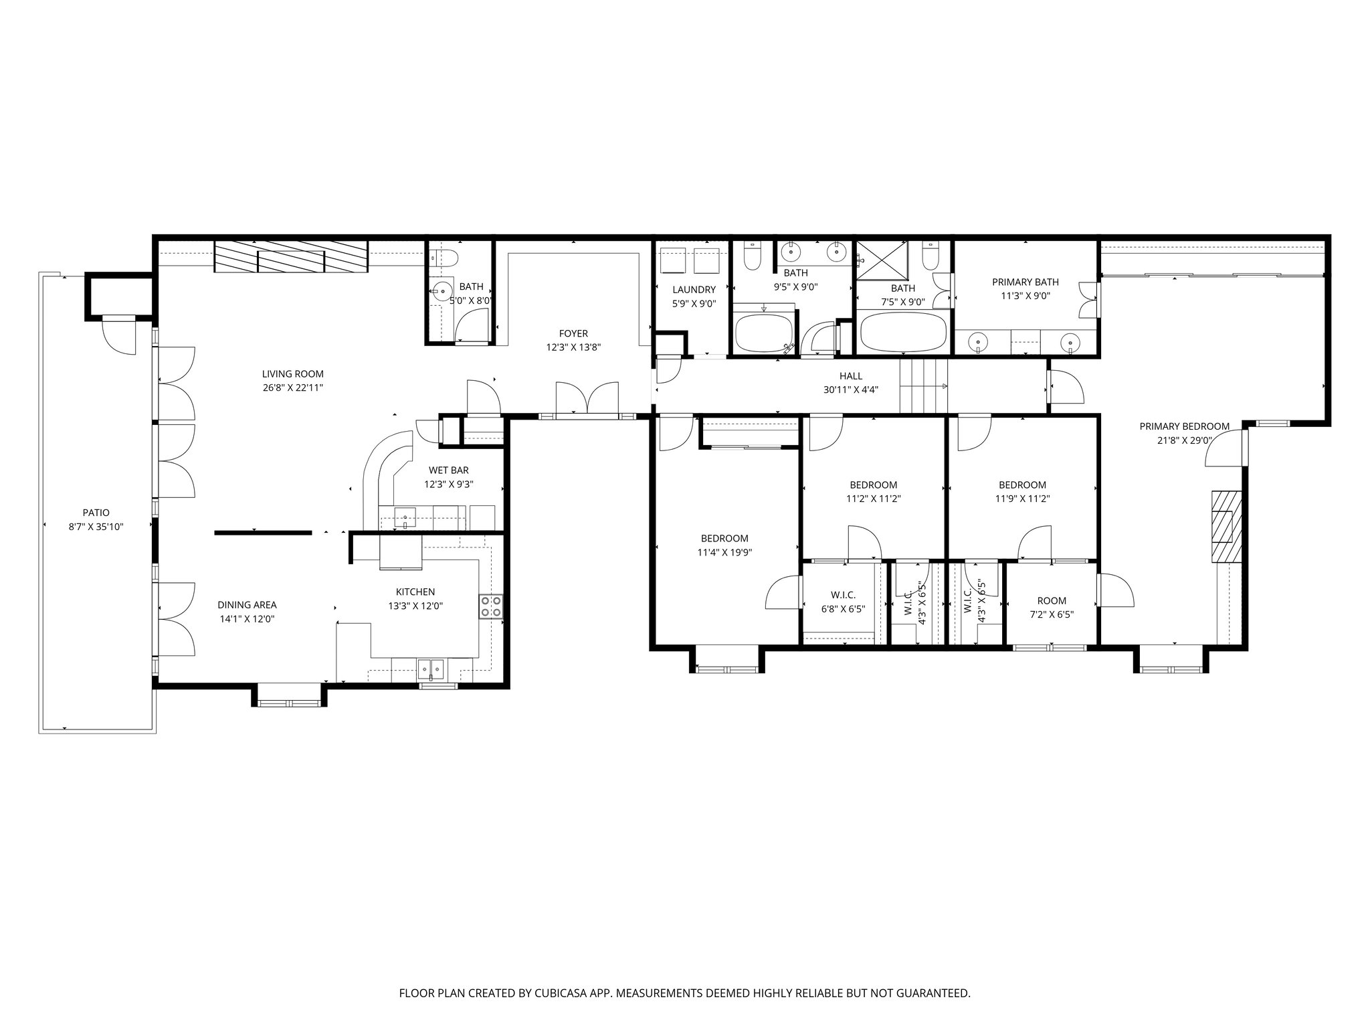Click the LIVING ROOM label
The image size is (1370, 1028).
pos(292,374)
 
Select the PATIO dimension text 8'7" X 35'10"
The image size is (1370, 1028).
pos(96,527)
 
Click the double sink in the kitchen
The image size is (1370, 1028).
pos(431,668)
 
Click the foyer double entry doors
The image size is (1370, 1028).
pos(587,399)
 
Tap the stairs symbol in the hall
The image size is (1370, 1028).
pos(923,386)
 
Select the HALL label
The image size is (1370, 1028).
pos(850,376)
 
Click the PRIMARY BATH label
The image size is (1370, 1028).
pos(1025,282)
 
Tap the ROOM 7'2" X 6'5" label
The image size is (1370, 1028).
pos(1052,600)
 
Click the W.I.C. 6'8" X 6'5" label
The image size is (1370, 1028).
pos(843,595)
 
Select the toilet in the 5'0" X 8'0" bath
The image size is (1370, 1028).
pos(444,256)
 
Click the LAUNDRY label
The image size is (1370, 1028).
pos(694,290)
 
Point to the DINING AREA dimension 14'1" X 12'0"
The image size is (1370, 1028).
pos(247,619)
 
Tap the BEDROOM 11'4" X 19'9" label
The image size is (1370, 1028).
pos(724,538)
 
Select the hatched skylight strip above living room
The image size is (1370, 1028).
pos(291,257)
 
